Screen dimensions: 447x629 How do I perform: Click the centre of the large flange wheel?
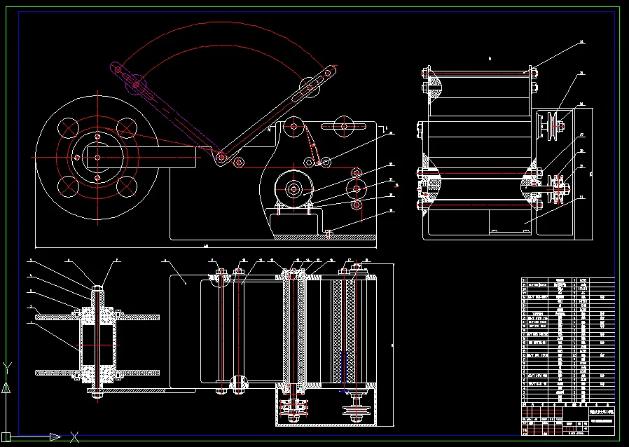[97, 157]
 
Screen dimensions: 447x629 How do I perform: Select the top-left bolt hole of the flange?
[69, 128]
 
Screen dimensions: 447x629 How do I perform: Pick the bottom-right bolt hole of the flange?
[127, 186]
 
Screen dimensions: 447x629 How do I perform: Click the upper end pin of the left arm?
[119, 70]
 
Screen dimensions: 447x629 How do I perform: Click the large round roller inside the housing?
[293, 188]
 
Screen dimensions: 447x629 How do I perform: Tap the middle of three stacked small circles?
[358, 188]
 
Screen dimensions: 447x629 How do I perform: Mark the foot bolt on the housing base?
[329, 232]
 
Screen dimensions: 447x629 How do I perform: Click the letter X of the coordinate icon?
[74, 437]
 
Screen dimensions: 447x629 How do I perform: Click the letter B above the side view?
[490, 60]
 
